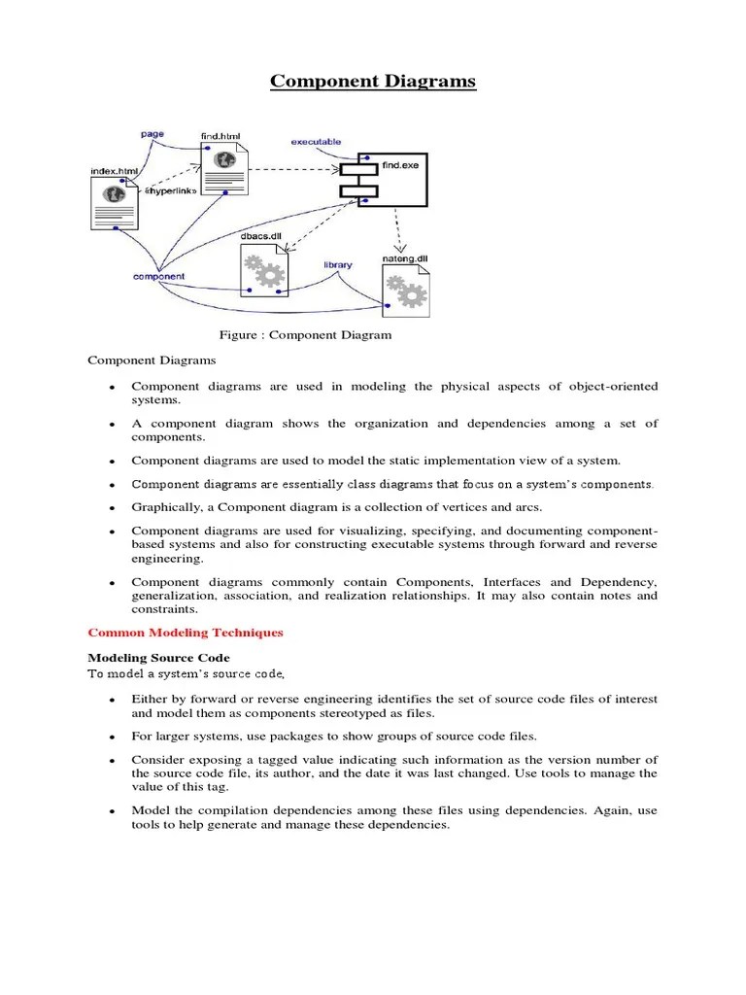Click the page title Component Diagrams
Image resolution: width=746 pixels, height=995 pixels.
coord(373,82)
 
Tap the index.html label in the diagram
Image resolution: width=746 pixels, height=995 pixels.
coord(115,172)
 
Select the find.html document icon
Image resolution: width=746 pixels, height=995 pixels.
coord(224,170)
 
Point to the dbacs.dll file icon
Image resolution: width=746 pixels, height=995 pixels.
coord(263,271)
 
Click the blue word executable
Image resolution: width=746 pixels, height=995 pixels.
coord(317,142)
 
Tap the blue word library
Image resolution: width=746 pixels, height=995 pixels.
coord(338,264)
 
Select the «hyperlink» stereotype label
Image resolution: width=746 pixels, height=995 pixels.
coord(171,191)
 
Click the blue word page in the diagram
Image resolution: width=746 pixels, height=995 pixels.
coord(153,134)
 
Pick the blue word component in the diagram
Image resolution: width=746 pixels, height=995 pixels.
coord(158,277)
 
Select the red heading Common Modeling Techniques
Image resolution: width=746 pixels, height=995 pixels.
coord(186,633)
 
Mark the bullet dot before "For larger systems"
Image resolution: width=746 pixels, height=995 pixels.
coord(113,737)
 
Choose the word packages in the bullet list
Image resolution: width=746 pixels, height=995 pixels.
coord(301,736)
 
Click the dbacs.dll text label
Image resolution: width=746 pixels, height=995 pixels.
coord(259,236)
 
